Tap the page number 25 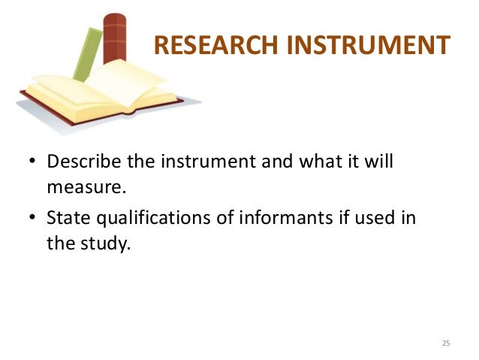[446, 343]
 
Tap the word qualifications [141, 219]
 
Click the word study [100, 242]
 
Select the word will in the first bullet [380, 162]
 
